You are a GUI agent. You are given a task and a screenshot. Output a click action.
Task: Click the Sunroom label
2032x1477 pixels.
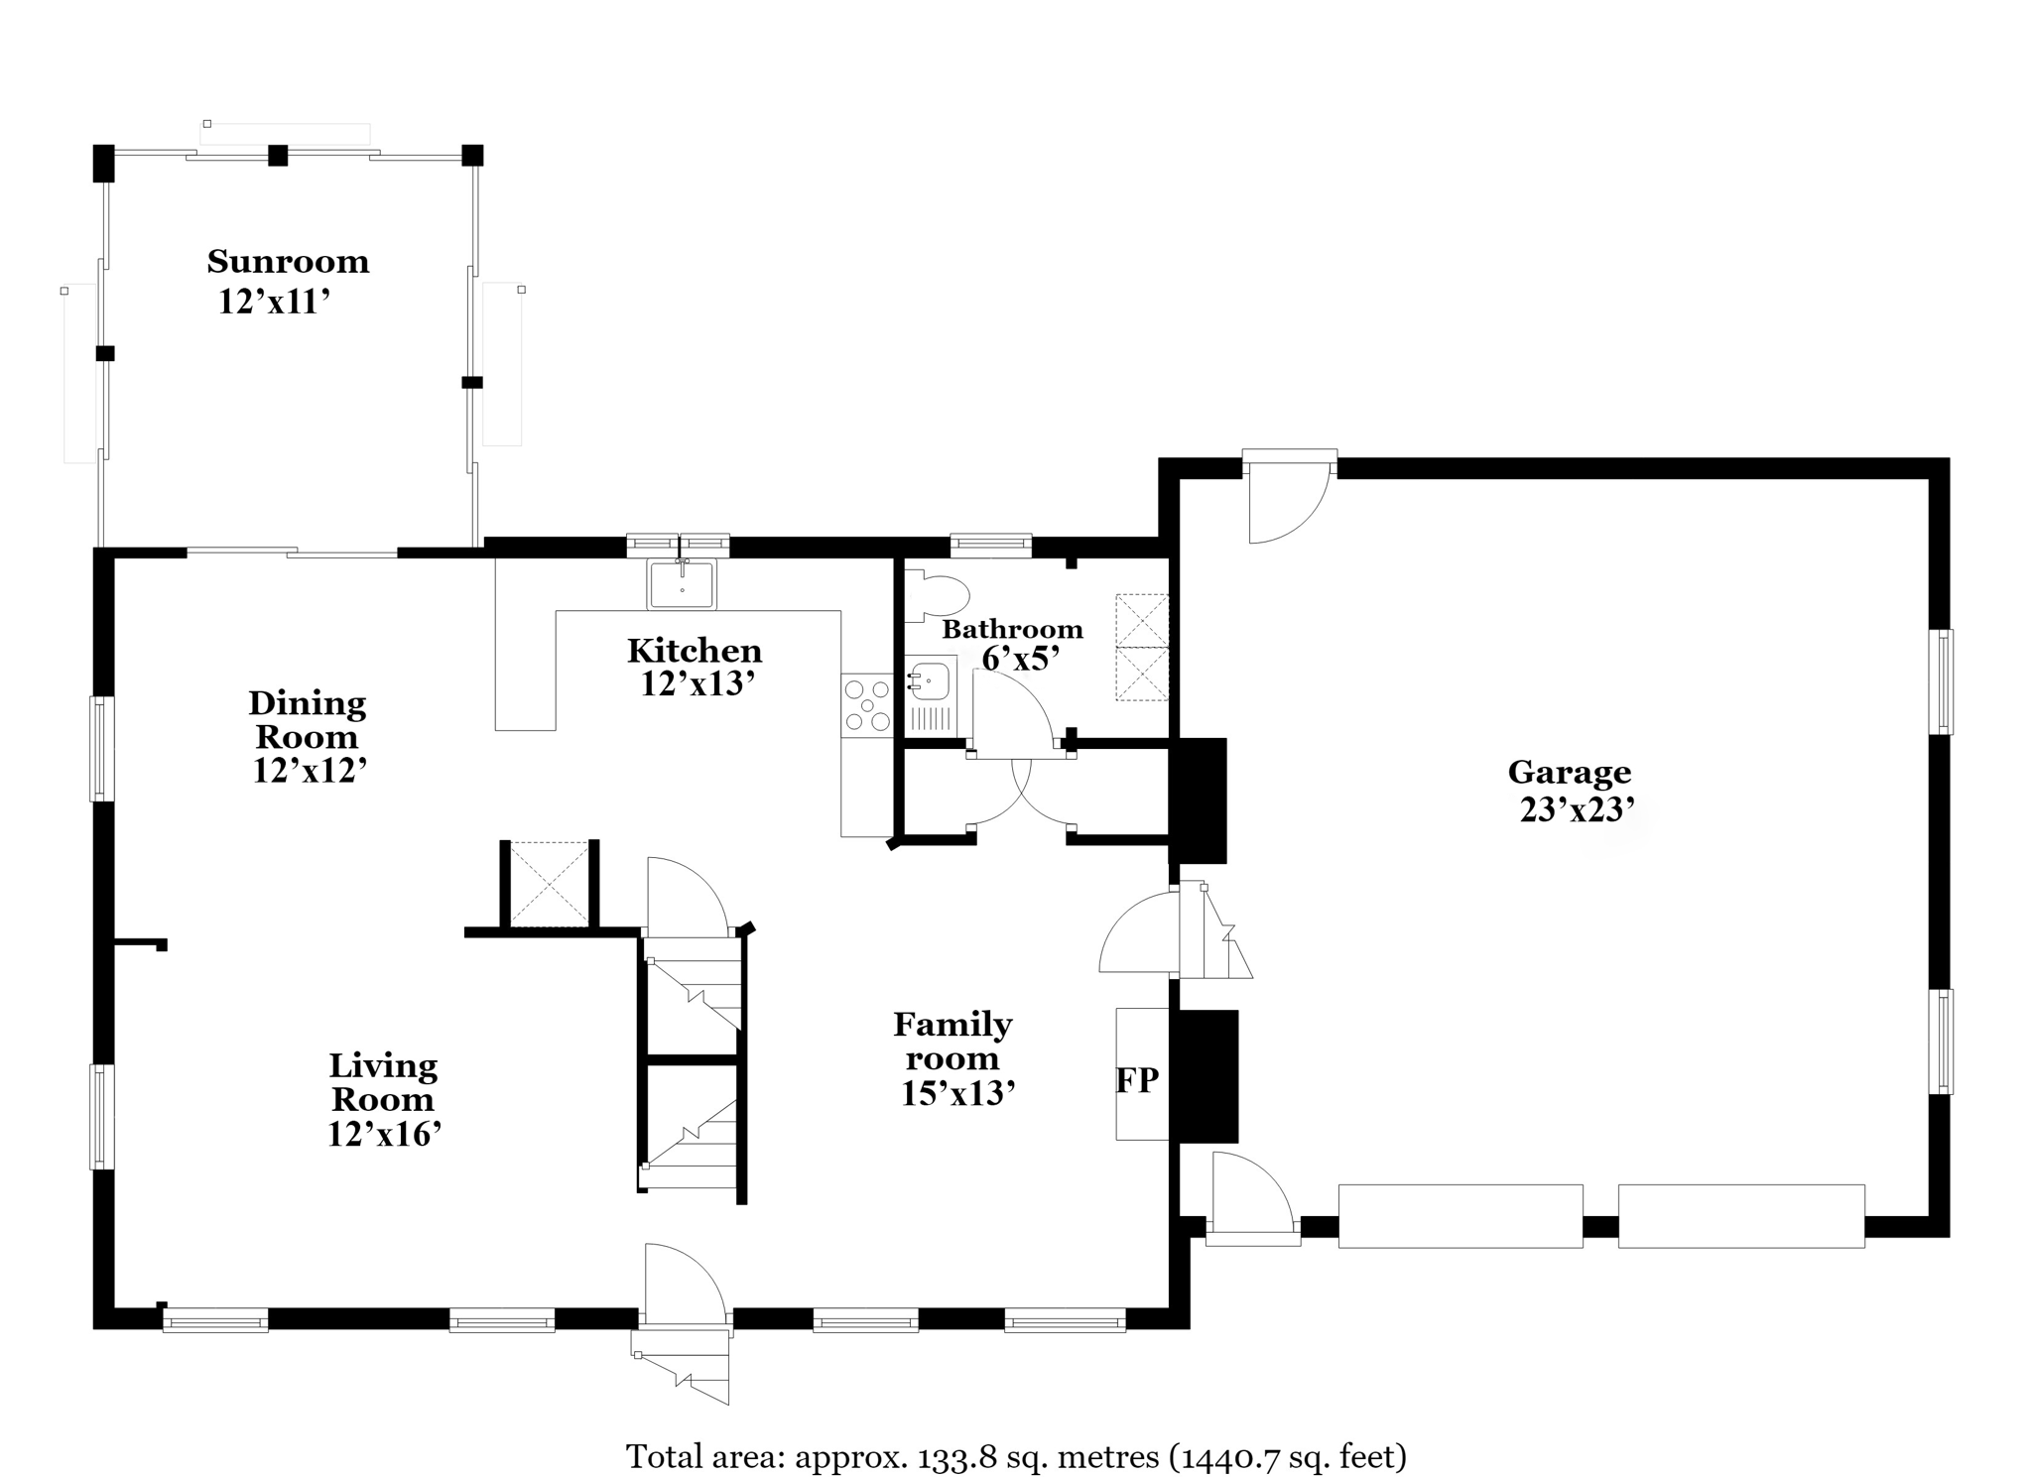[288, 262]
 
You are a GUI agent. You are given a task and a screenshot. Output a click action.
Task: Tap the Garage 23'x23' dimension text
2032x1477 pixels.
[1577, 810]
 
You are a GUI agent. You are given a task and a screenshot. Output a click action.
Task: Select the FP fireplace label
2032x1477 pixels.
[1137, 1080]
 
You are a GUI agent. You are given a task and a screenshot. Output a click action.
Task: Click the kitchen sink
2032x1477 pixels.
[682, 583]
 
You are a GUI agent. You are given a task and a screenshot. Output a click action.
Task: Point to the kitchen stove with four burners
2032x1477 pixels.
[866, 704]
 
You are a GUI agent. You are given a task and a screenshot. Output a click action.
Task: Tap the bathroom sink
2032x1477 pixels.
[929, 682]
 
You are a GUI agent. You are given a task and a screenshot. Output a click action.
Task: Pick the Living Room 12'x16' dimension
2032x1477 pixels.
[384, 1134]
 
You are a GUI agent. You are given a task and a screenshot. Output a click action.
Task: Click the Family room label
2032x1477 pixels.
[952, 1041]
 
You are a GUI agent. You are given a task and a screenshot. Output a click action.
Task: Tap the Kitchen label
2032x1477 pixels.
[695, 651]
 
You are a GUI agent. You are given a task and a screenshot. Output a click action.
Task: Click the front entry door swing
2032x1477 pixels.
[685, 1283]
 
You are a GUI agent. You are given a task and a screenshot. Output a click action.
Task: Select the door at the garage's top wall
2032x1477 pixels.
[1288, 499]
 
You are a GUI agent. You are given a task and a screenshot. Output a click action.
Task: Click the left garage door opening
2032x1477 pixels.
[1460, 1215]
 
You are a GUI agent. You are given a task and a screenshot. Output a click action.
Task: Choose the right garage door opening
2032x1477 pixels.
[1741, 1215]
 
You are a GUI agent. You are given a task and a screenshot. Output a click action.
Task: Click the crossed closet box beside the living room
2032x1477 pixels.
[548, 884]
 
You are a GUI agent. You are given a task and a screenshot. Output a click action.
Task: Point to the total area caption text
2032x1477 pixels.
[1016, 1456]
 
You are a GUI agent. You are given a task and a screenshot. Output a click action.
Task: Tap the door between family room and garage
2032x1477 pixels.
[1139, 932]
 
